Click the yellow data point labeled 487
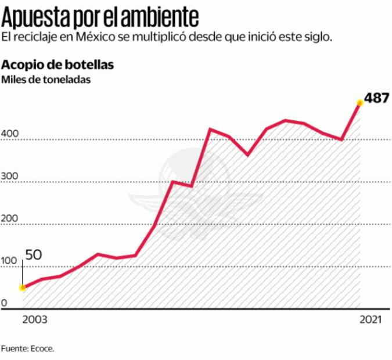[x=359, y=103]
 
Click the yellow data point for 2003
[x=23, y=287]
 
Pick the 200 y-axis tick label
[x=10, y=220]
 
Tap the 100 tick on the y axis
[x=10, y=263]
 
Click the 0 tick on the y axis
[x=4, y=304]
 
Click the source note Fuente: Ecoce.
[x=31, y=350]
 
